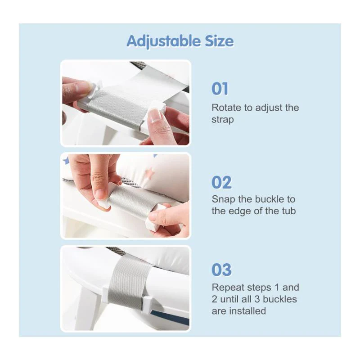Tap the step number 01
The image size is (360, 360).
pos(220,89)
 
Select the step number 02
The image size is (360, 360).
pos(221,183)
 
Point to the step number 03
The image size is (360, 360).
pos(221,270)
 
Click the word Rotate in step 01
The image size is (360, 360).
pos(226,108)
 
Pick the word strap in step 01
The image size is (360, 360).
pos(223,120)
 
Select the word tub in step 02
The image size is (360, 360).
pos(289,211)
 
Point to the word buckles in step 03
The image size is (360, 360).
pos(280,299)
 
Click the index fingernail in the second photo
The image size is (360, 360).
pos(100,194)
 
